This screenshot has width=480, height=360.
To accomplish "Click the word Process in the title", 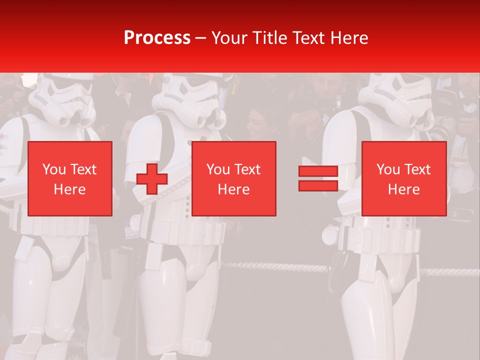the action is pos(157,37).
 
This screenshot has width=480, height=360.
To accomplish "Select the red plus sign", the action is pos(152,179).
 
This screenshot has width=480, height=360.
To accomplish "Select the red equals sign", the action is pos(318,178).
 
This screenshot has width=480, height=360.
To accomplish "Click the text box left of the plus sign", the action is pos(70,179).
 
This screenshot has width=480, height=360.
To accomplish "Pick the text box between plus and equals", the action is pos(234,179).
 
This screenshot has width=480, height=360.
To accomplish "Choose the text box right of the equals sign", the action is pos(404,179).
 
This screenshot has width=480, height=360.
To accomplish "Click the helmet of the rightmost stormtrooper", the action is pos(396,98).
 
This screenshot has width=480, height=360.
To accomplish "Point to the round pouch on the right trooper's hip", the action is pos(330,235).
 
